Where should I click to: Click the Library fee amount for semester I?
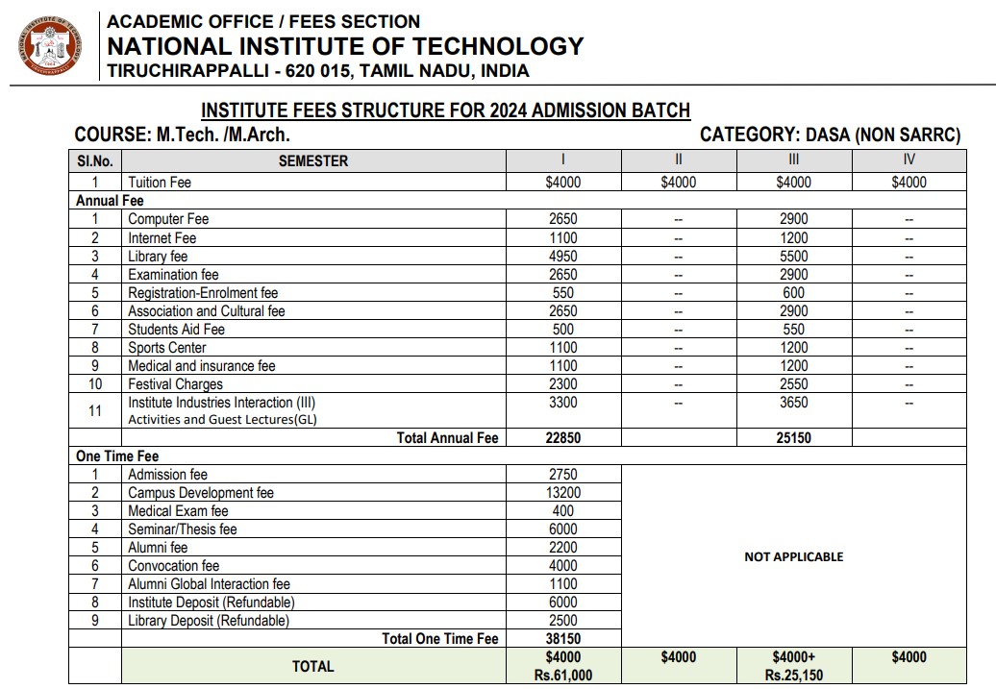point(562,257)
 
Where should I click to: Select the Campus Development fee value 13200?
point(562,493)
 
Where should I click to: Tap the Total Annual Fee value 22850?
point(562,438)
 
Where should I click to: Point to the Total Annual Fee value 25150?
point(793,438)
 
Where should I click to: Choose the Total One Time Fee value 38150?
point(562,639)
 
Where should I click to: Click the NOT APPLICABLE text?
point(793,556)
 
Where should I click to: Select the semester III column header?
point(793,160)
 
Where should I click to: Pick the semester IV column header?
point(909,160)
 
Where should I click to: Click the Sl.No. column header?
point(95,160)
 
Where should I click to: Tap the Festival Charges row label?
point(175,384)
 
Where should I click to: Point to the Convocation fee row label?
point(173,566)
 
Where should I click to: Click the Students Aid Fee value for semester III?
point(793,330)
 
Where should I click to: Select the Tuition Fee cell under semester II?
point(678,183)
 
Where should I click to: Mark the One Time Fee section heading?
point(117,456)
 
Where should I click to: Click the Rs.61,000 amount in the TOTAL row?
point(562,676)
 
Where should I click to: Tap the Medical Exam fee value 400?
point(562,511)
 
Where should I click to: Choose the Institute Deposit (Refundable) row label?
point(212,603)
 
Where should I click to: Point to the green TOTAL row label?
point(312,666)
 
